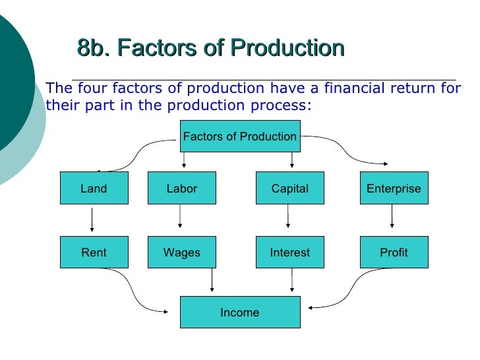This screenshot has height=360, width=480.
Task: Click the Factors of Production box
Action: pos(239,136)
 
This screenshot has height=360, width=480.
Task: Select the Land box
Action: pos(93,189)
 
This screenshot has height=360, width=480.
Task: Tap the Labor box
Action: pos(181,189)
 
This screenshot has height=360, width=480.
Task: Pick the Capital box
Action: pos(289,189)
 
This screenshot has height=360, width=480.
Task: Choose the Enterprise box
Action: pos(394,189)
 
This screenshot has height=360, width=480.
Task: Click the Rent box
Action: pos(93,253)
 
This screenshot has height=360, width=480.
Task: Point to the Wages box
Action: pos(181,253)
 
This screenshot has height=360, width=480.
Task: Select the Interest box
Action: pos(289,253)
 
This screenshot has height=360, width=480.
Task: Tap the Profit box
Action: pos(394,253)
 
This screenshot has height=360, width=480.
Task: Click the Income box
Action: pos(239,312)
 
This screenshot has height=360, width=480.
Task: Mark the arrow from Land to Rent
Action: pos(92,220)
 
